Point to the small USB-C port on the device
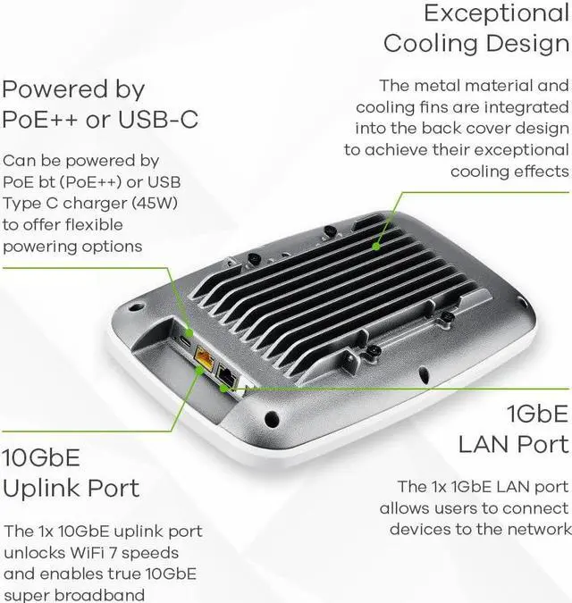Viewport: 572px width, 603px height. (x=184, y=341)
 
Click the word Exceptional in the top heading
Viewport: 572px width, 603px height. (x=496, y=13)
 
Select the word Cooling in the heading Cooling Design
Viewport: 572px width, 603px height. (x=429, y=43)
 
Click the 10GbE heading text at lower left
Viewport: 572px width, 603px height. (x=41, y=458)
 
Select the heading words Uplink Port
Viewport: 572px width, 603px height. (x=71, y=488)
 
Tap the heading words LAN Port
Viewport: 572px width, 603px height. (x=513, y=443)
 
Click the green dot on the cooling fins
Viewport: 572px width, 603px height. (x=377, y=244)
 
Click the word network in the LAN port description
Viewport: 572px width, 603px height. (x=539, y=529)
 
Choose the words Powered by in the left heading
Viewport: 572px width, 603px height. (x=73, y=90)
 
